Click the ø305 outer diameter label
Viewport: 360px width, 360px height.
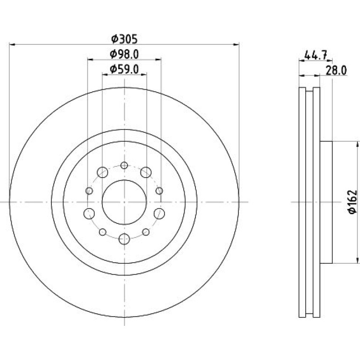(124, 39)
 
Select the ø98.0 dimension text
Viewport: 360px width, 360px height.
(124, 54)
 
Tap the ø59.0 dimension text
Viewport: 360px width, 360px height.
(124, 69)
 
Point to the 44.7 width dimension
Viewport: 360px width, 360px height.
(316, 56)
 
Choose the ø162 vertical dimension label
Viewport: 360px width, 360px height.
(353, 202)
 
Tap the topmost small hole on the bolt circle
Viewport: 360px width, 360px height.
(124, 165)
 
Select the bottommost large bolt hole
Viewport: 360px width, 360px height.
(124, 239)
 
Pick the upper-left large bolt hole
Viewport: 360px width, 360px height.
(102, 172)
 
